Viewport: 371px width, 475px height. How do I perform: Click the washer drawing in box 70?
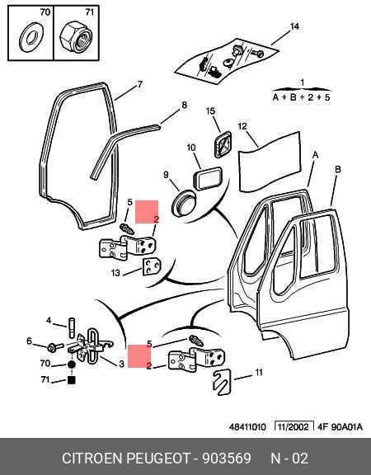point(24,37)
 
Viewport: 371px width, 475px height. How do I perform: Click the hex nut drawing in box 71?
point(76,37)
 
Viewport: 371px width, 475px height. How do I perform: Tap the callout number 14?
point(294,26)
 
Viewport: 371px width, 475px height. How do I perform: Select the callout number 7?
point(139,84)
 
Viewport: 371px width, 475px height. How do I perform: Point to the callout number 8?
point(184,105)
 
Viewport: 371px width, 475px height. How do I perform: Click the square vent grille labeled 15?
point(223,144)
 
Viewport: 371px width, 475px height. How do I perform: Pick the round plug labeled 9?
point(183,202)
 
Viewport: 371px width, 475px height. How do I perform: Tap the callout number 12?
point(242,125)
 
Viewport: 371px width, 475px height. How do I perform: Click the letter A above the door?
point(315,155)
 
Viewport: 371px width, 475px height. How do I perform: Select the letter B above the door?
point(338,169)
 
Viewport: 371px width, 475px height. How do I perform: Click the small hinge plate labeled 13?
point(152,266)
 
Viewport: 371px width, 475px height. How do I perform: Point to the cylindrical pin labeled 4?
point(72,327)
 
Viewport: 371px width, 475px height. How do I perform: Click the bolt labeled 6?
point(54,347)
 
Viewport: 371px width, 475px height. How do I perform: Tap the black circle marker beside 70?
point(71,365)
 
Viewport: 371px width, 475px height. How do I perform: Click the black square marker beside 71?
point(72,380)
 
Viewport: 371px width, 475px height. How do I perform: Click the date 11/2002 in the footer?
point(294,427)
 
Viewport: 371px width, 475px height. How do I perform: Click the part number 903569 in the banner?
point(227,458)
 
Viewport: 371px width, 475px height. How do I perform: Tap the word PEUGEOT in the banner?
point(157,458)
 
